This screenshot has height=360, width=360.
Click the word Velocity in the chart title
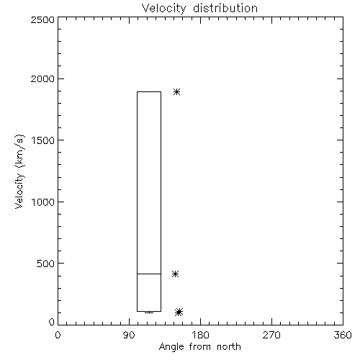click(x=164, y=9)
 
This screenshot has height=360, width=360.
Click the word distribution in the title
click(x=225, y=8)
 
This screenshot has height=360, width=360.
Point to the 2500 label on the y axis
click(x=42, y=19)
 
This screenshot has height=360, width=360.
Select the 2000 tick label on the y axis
click(x=42, y=79)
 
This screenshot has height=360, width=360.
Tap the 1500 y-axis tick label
click(x=43, y=140)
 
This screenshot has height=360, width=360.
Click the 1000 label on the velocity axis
click(x=43, y=202)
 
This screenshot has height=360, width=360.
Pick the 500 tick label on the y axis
click(x=46, y=264)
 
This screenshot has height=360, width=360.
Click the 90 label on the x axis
click(x=129, y=335)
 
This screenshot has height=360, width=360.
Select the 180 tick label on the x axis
click(x=200, y=335)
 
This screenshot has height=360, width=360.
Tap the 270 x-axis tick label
click(x=271, y=335)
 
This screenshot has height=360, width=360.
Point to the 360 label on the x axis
click(x=343, y=335)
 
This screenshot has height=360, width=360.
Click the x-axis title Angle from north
click(x=200, y=347)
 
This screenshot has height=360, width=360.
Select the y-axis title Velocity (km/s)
click(x=19, y=171)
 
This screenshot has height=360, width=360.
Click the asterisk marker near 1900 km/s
click(x=177, y=91)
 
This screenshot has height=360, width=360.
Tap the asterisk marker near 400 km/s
click(x=175, y=274)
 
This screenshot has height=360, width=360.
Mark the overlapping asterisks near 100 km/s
click(x=179, y=312)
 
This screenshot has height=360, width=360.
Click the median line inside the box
click(x=149, y=274)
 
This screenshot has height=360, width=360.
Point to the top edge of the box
click(x=149, y=91)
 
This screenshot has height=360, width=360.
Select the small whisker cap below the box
click(x=149, y=312)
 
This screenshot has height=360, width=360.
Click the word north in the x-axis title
click(x=229, y=346)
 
